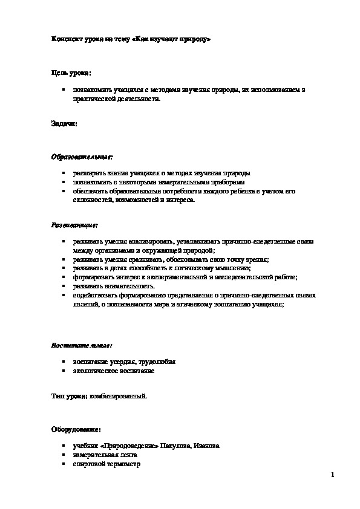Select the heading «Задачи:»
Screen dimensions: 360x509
(64, 123)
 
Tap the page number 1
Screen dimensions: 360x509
(332, 475)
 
